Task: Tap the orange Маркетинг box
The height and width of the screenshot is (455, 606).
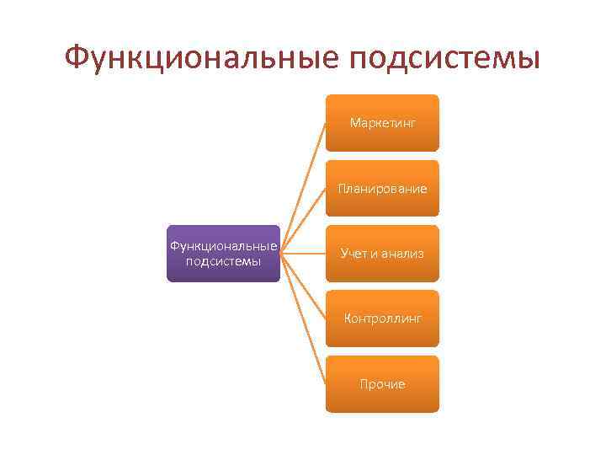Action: tap(383, 123)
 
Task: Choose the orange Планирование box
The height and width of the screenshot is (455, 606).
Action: tap(383, 188)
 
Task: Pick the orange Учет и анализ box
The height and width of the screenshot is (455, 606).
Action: tap(383, 254)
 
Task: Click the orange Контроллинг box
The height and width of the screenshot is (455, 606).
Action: tap(383, 318)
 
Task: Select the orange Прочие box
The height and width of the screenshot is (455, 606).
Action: tap(383, 383)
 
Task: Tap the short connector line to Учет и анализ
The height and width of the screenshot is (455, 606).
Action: tap(304, 253)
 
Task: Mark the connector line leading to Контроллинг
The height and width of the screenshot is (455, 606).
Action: tap(304, 286)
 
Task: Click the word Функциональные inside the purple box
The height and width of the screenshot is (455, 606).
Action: tap(223, 246)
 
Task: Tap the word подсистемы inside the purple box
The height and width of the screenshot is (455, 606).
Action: tap(223, 261)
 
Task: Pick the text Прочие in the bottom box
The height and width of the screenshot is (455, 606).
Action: tap(383, 384)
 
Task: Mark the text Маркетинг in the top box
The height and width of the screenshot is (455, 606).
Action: tap(383, 124)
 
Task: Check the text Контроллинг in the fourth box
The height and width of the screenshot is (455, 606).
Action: tap(383, 319)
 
